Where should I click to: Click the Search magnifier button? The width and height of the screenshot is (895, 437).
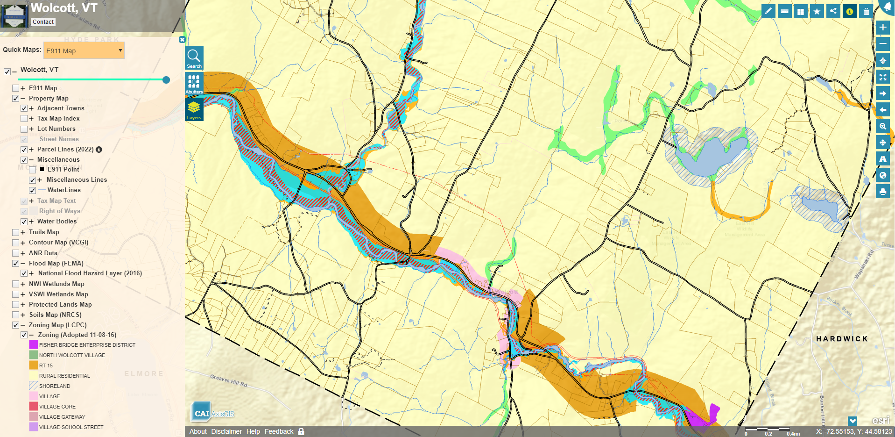point(194,58)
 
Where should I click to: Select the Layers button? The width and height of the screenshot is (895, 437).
point(194,109)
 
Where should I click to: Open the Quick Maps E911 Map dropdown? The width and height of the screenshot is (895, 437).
point(84,50)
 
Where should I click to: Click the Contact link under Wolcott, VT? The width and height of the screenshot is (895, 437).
point(43,22)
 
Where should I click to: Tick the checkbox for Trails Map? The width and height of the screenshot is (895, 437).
point(15,232)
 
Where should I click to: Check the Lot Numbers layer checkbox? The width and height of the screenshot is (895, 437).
point(24,129)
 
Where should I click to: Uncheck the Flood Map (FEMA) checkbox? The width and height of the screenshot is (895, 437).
point(15,264)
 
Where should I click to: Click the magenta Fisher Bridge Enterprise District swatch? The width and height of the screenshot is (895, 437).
point(33,344)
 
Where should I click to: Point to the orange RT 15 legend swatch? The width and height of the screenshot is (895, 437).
point(33,365)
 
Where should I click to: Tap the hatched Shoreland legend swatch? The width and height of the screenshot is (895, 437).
point(33,386)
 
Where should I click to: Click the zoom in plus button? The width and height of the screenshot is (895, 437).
point(882,27)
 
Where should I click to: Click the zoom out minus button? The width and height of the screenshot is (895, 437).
point(882,44)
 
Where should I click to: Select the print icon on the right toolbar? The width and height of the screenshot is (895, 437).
point(882,192)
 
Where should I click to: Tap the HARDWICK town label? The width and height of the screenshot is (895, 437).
point(842,339)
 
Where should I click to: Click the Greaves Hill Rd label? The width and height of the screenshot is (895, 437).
point(228,380)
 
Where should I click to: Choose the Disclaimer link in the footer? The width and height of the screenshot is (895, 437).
point(226,431)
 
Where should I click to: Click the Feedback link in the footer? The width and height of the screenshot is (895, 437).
point(279,431)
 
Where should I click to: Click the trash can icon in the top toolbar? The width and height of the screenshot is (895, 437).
point(866,12)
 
